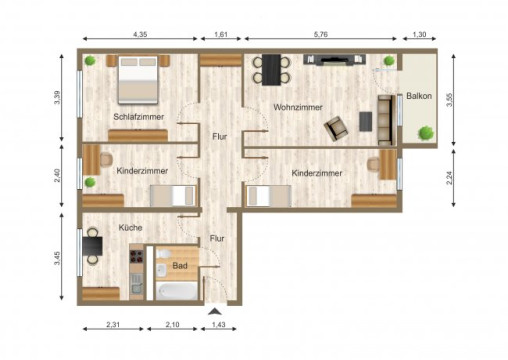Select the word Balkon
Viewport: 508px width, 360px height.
pos(419,96)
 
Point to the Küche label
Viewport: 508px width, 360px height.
pos(130,228)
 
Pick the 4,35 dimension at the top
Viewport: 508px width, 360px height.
pos(141,36)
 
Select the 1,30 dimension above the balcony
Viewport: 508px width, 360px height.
pos(420,36)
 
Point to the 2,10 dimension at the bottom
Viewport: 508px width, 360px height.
pos(171,326)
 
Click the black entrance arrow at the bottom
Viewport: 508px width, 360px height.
pos(213,311)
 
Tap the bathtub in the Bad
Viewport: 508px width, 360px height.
pos(177,291)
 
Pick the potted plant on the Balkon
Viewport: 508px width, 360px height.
pos(427,130)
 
